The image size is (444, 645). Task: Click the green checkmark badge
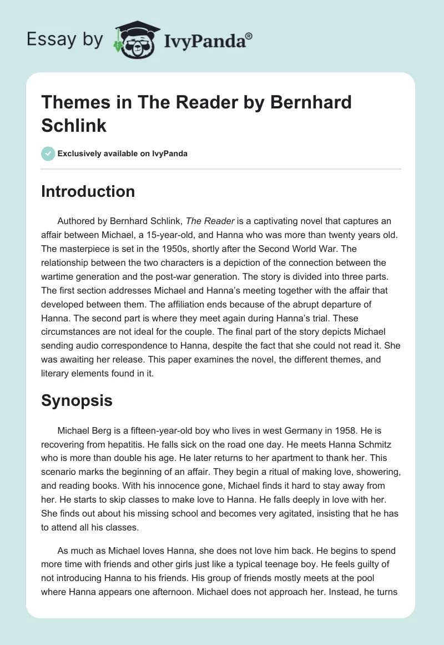click(48, 153)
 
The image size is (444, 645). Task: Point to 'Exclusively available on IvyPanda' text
click(123, 153)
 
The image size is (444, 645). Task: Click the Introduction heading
click(88, 191)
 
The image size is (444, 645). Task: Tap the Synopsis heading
click(77, 400)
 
